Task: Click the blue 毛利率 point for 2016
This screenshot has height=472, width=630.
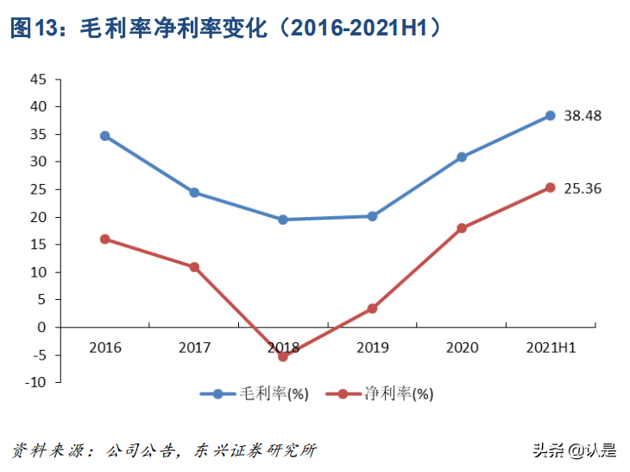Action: (105, 136)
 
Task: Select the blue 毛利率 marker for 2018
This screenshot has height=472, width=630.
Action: (283, 220)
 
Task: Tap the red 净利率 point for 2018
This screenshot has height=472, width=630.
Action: (283, 356)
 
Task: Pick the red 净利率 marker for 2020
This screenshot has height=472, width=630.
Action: (462, 228)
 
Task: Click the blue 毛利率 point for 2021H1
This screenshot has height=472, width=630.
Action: (551, 115)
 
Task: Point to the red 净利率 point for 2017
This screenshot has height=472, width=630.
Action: (194, 267)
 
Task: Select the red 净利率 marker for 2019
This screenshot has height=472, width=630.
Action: (372, 309)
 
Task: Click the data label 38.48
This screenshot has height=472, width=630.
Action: (583, 115)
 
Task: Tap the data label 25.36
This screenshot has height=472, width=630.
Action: (583, 188)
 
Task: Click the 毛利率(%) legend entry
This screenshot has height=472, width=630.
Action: (255, 393)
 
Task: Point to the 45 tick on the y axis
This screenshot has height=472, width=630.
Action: (38, 79)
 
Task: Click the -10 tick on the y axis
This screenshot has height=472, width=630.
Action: (35, 382)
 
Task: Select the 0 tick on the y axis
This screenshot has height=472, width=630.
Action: (42, 327)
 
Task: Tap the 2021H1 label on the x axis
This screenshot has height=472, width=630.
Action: (551, 348)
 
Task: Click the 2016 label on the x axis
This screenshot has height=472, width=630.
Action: (105, 348)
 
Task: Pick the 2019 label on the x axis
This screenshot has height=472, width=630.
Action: (372, 348)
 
